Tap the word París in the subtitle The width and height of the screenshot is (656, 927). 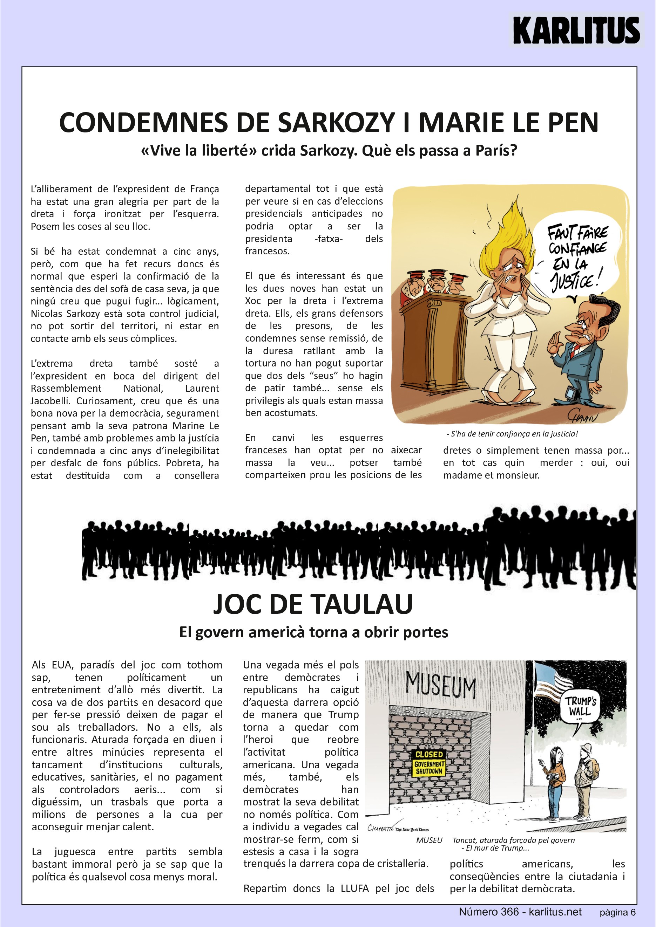pyautogui.click(x=496, y=151)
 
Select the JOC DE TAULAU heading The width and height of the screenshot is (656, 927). pyautogui.click(x=313, y=604)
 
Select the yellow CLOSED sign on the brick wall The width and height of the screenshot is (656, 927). pyautogui.click(x=429, y=762)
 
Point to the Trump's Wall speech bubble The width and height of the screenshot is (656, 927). pyautogui.click(x=580, y=707)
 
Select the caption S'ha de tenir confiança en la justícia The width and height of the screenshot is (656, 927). pyautogui.click(x=512, y=434)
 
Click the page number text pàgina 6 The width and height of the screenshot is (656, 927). pyautogui.click(x=617, y=913)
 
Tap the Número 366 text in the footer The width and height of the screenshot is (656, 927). pyautogui.click(x=488, y=912)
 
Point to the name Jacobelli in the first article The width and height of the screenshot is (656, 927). pyautogui.click(x=50, y=401)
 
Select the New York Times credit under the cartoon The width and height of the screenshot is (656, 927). pyautogui.click(x=412, y=830)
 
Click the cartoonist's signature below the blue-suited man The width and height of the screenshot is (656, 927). pyautogui.click(x=581, y=415)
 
